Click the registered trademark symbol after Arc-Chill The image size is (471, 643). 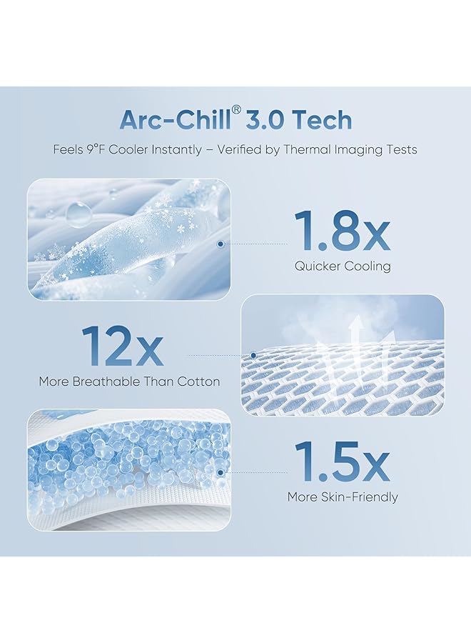point(237,111)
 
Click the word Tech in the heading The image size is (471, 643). point(325,120)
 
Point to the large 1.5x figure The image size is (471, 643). point(342,462)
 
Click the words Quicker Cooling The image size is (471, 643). point(343,266)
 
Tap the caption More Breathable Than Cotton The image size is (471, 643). point(129,382)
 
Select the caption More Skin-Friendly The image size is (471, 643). point(343,497)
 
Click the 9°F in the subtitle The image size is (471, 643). point(96,149)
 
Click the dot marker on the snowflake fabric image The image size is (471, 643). point(221,244)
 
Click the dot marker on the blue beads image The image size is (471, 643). point(221,473)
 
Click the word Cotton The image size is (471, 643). point(198,382)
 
